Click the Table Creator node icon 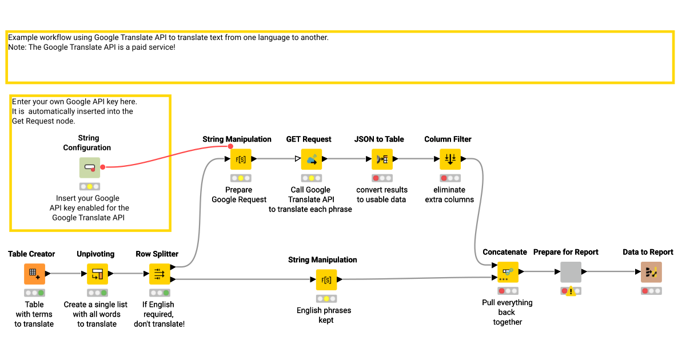[34, 274]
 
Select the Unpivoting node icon [97, 274]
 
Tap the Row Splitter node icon [159, 274]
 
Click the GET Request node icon [312, 159]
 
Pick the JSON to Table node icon [382, 159]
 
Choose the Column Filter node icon [450, 159]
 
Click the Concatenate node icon [507, 273]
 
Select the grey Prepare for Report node [571, 273]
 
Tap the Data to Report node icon [651, 273]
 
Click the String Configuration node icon [89, 168]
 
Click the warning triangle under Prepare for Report [571, 291]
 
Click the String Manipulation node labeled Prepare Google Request [241, 159]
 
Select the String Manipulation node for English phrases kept [326, 280]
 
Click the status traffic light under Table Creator [34, 293]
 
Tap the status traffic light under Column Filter [450, 178]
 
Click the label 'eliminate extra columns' [449, 195]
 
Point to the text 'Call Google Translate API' [310, 195]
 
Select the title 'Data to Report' [648, 252]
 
